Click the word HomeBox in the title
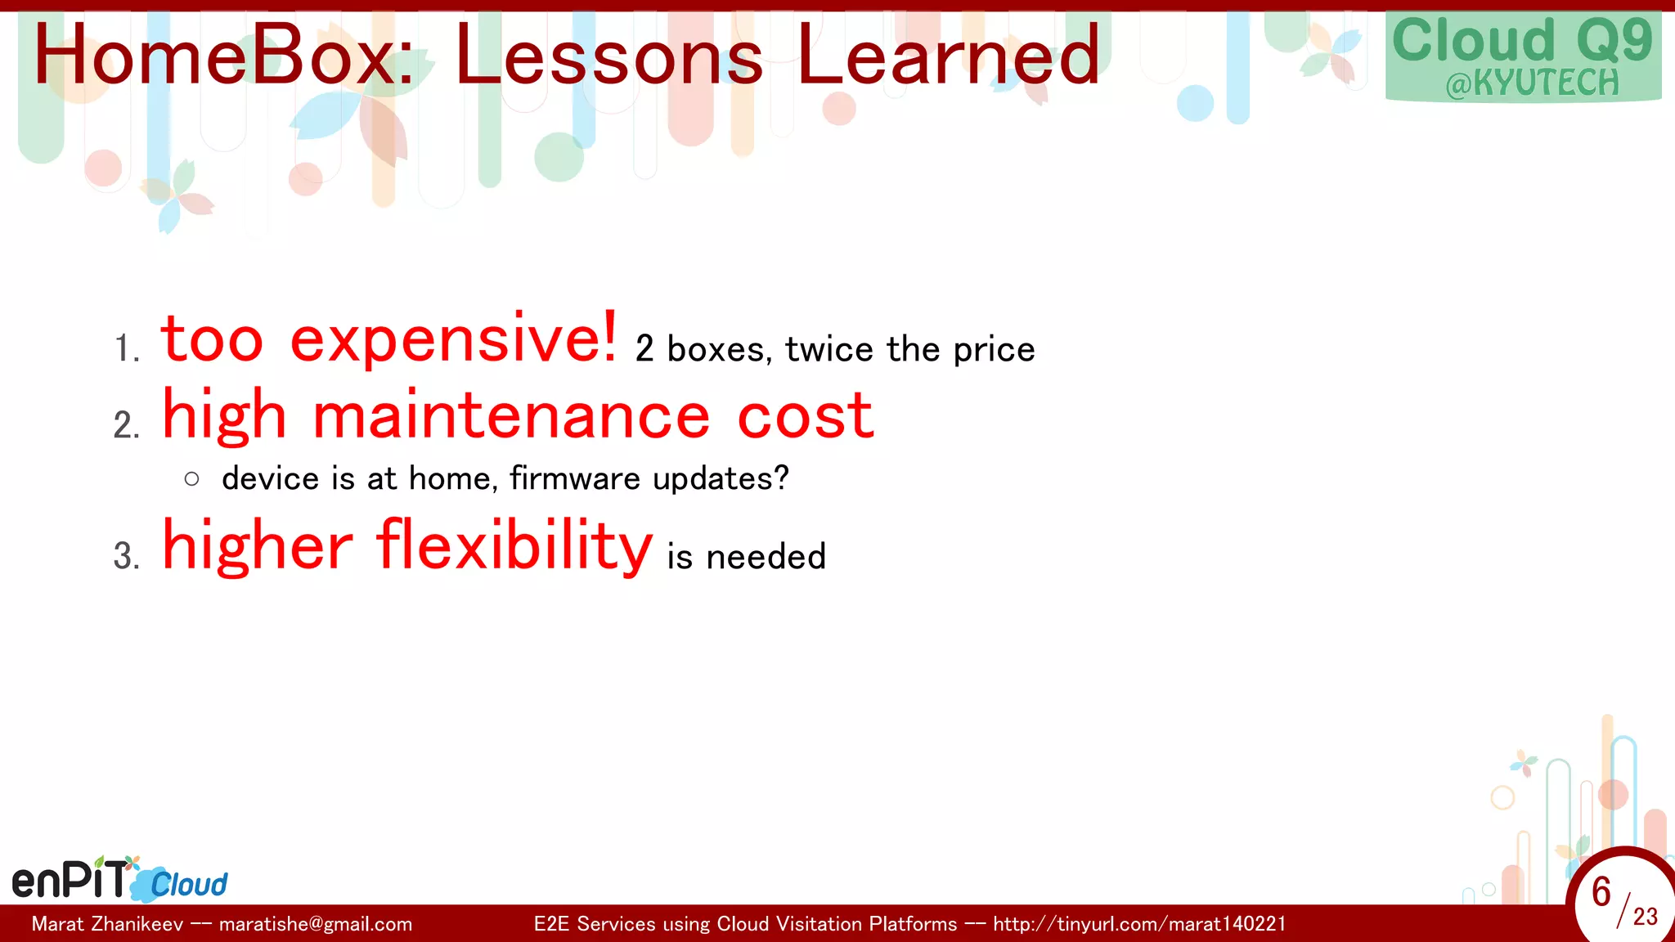point(223,56)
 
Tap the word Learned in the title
point(948,56)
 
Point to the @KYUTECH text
point(1532,83)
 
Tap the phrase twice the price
point(909,350)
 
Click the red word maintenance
point(511,416)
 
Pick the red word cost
point(806,416)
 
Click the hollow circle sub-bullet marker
point(192,479)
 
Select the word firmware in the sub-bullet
point(575,478)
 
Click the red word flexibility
point(514,545)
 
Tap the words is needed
point(746,557)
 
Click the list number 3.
point(126,557)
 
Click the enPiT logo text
point(70,880)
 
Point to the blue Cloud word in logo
point(189,885)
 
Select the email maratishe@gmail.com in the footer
point(316,924)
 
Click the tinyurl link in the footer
point(1139,924)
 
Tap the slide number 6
point(1601,892)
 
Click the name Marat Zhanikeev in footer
point(107,924)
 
